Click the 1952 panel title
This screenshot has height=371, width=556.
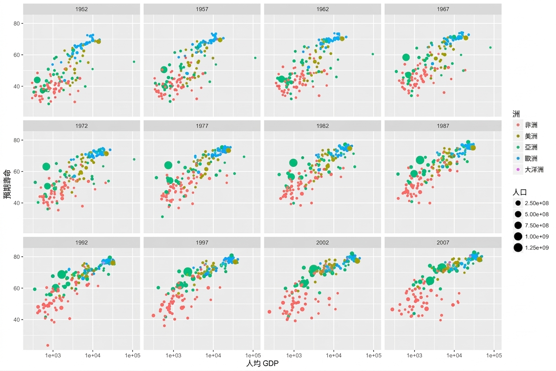tap(81, 9)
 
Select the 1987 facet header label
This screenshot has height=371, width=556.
tap(443, 126)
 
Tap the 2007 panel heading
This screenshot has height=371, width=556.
tap(443, 242)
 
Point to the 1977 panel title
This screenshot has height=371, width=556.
tap(202, 126)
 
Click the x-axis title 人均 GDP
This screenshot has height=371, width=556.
tap(262, 364)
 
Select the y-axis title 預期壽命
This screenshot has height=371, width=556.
tap(7, 184)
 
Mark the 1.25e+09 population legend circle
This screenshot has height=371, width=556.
tap(518, 248)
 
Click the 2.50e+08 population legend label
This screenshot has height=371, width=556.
tap(537, 203)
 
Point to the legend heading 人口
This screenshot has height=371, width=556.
tap(520, 192)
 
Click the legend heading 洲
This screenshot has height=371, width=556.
tap(516, 114)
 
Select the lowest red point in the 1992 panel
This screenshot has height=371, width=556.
tap(48, 345)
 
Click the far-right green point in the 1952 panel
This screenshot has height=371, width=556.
tap(134, 62)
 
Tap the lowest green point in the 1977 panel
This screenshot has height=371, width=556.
tap(162, 217)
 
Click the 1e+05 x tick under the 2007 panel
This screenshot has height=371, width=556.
tap(494, 355)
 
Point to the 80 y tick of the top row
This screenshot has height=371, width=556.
tap(17, 24)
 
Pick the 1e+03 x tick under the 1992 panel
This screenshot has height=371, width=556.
tap(53, 355)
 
